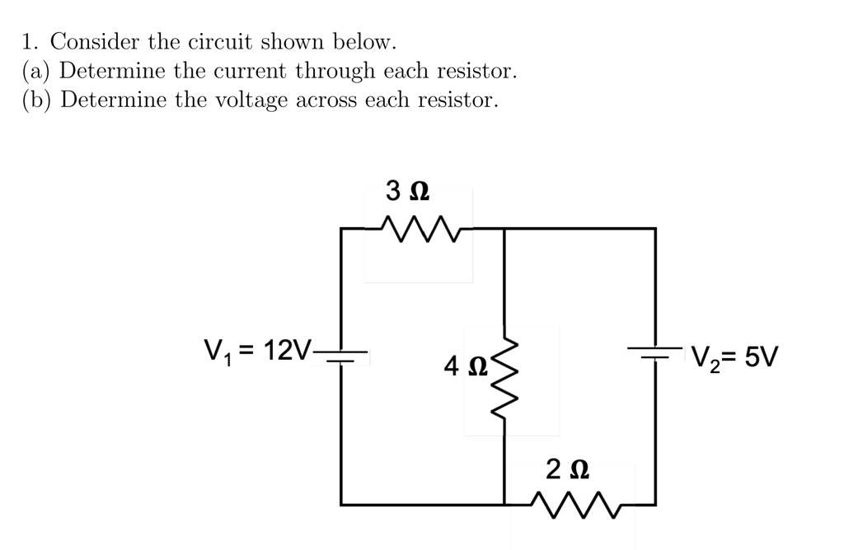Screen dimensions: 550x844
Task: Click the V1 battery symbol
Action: click(x=341, y=357)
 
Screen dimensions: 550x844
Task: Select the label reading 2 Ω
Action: click(x=568, y=469)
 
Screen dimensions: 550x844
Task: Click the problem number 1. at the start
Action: click(x=30, y=41)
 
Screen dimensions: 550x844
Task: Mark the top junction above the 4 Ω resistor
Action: click(x=504, y=228)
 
